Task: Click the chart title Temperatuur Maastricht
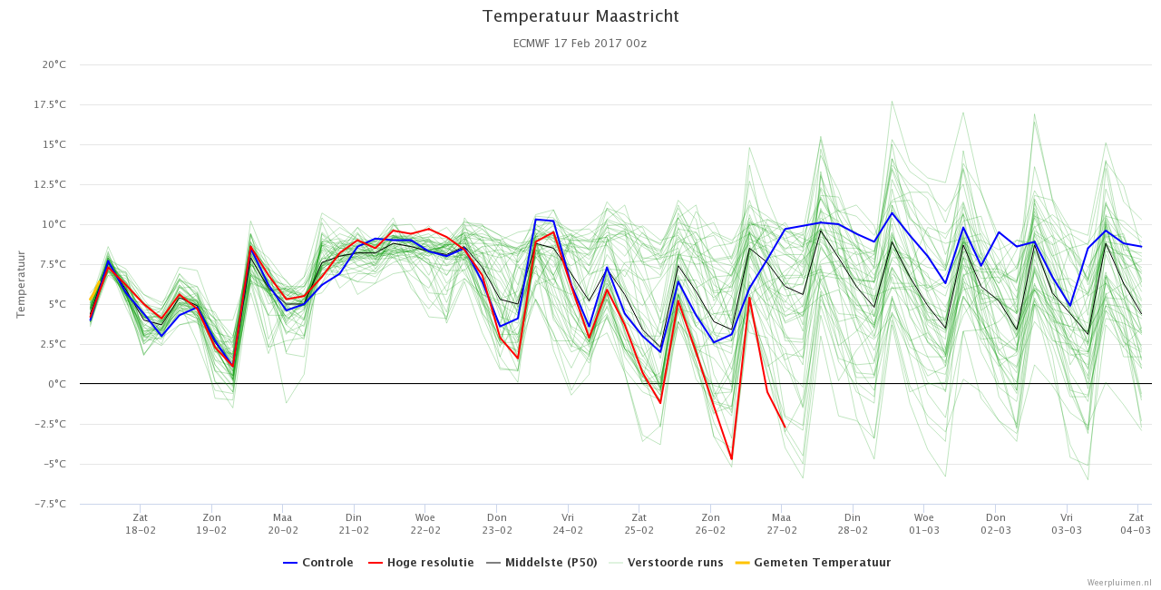[x=580, y=16]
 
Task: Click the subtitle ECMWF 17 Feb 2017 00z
[x=580, y=44]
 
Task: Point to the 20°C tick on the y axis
[x=54, y=64]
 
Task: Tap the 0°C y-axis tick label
[x=57, y=384]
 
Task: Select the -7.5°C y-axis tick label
[x=50, y=504]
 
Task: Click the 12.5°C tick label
[x=50, y=184]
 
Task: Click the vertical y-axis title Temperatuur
[x=21, y=284]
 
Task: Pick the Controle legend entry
[x=318, y=563]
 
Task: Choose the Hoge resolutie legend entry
[x=421, y=563]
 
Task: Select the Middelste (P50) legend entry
[x=542, y=563]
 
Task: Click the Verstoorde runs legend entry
[x=666, y=563]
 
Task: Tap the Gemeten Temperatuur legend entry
[x=814, y=563]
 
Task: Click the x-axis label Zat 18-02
[x=141, y=524]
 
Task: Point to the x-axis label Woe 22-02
[x=425, y=524]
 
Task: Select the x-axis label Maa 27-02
[x=782, y=524]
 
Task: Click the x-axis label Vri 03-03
[x=1067, y=524]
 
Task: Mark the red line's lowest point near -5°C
[x=731, y=458]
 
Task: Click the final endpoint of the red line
[x=785, y=428]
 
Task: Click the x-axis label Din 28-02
[x=853, y=524]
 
